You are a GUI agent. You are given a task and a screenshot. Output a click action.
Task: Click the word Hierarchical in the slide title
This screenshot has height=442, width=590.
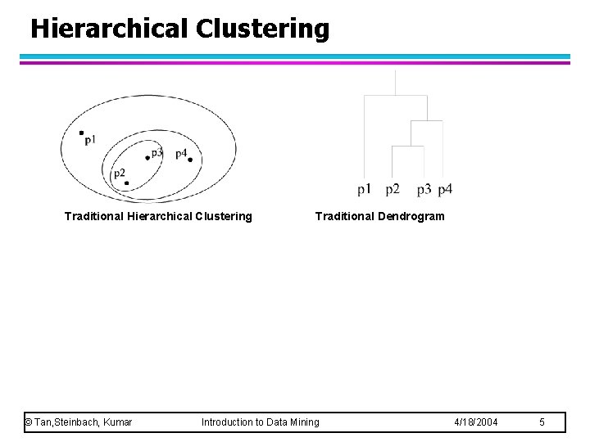click(x=109, y=28)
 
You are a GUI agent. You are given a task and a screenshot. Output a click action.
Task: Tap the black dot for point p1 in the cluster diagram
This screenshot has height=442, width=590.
click(x=81, y=132)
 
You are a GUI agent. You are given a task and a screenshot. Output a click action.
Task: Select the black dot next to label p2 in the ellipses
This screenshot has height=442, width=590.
click(x=126, y=183)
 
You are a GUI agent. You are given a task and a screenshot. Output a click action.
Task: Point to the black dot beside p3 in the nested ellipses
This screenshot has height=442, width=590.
click(x=147, y=157)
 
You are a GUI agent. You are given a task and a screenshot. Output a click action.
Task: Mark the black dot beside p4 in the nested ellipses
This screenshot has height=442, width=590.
click(x=190, y=160)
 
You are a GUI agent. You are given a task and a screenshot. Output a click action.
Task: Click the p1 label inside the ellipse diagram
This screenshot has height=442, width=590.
click(x=90, y=140)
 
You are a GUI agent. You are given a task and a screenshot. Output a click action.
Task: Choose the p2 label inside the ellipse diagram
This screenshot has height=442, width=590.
click(x=119, y=173)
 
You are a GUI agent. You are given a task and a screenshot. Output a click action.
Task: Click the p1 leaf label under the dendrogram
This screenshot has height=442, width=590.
click(x=365, y=190)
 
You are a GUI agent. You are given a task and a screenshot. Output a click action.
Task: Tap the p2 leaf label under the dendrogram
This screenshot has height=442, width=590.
click(x=393, y=190)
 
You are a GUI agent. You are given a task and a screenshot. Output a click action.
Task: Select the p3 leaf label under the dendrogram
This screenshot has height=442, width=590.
click(x=424, y=190)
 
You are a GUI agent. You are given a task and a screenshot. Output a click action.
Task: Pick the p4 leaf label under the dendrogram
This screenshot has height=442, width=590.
click(x=445, y=190)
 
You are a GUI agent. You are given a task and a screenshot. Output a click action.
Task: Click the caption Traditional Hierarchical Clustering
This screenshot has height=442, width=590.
click(x=158, y=217)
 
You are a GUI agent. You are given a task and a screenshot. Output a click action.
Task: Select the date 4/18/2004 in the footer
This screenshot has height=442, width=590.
click(x=475, y=422)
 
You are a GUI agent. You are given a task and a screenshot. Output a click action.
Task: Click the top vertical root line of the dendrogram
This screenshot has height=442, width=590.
click(x=396, y=82)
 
